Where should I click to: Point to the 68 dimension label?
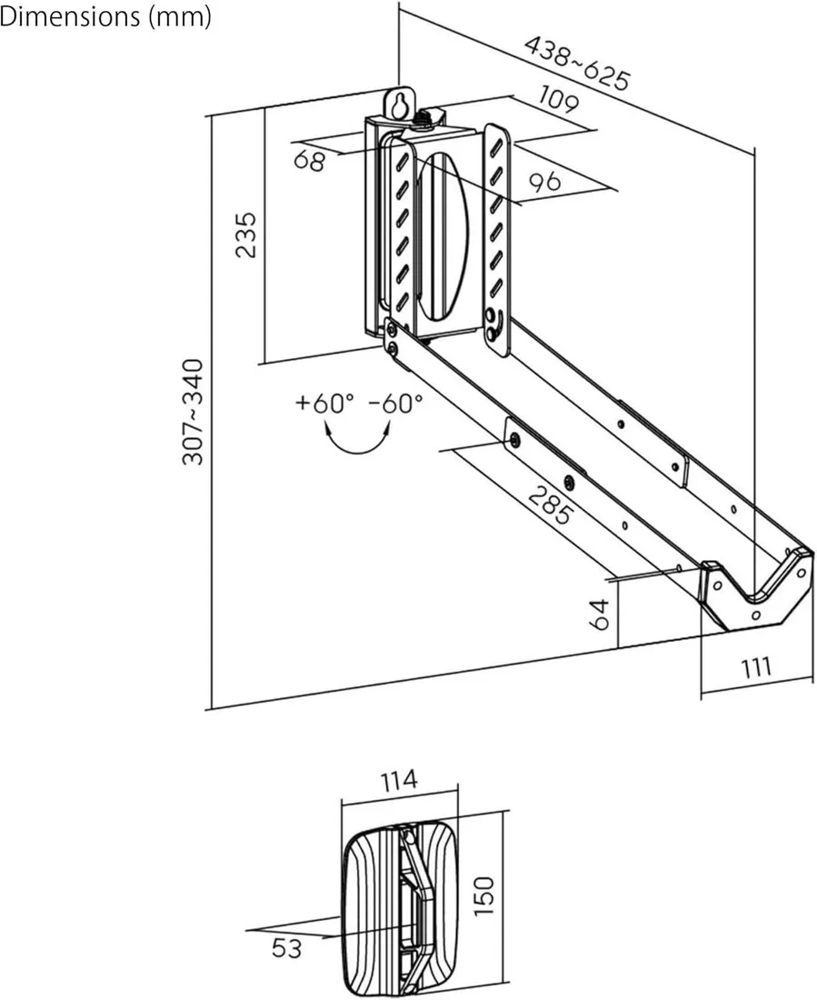click(x=310, y=161)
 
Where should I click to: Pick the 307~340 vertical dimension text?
click(x=193, y=411)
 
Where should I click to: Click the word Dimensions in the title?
click(x=65, y=17)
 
